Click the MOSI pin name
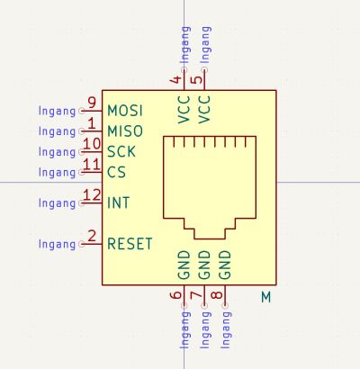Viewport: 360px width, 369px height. click(125, 111)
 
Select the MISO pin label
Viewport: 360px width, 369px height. click(125, 131)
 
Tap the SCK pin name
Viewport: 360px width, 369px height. click(121, 151)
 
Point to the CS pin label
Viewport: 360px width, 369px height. click(116, 172)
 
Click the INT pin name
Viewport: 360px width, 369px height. click(118, 202)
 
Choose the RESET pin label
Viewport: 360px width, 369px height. click(130, 243)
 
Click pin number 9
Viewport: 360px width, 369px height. click(92, 103)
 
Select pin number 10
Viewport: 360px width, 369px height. click(92, 143)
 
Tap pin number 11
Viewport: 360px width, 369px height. click(92, 164)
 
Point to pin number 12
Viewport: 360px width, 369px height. click(92, 195)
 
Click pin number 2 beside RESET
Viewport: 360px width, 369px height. click(92, 236)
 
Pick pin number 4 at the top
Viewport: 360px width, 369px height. click(175, 80)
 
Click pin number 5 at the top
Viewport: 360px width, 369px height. click(196, 80)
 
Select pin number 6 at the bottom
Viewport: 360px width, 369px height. click(175, 295)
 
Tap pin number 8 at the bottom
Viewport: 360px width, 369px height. click(217, 295)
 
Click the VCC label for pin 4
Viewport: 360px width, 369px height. click(184, 110)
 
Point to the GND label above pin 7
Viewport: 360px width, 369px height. click(204, 265)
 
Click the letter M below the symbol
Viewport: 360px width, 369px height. click(266, 297)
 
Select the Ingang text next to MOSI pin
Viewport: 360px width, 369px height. click(57, 111)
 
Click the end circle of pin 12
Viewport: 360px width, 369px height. click(81, 202)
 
